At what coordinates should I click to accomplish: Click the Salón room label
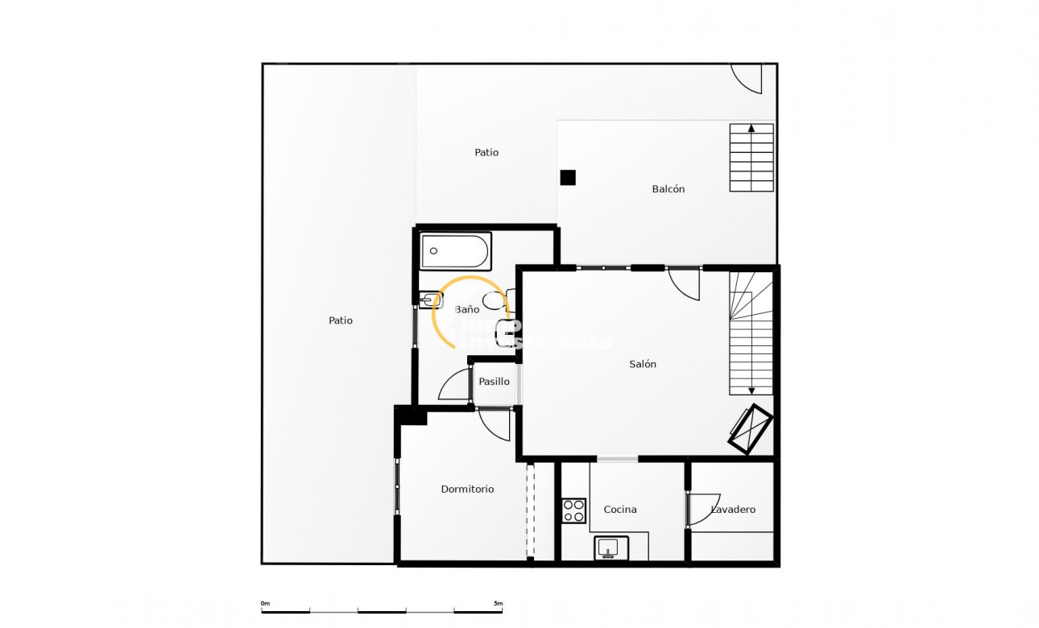[x=643, y=364]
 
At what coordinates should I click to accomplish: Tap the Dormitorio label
[x=467, y=489]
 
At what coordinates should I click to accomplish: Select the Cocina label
[x=620, y=509]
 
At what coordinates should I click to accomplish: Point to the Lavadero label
[x=734, y=509]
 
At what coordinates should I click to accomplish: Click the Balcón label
[x=669, y=189]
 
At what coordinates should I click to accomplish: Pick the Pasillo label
[x=495, y=382]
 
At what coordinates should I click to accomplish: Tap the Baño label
[x=467, y=309]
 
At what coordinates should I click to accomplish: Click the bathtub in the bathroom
[x=456, y=251]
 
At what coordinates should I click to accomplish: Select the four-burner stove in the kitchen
[x=574, y=510]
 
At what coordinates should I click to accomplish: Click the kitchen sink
[x=611, y=548]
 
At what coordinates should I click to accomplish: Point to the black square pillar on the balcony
[x=568, y=178]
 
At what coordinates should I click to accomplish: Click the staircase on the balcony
[x=751, y=158]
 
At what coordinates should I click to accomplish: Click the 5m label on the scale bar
[x=498, y=603]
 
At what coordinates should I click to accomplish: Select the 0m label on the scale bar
[x=265, y=603]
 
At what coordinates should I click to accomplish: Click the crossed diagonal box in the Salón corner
[x=751, y=428]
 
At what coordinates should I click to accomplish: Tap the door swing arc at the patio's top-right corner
[x=747, y=78]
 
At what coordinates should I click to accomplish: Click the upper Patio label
[x=486, y=152]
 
